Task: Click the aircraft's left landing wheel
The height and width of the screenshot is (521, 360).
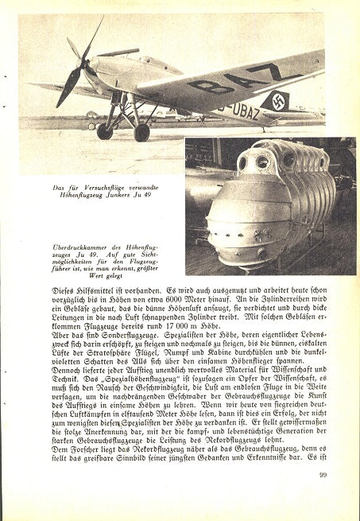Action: pos(105,130)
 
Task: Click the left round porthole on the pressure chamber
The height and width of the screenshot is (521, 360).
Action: pos(242,164)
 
